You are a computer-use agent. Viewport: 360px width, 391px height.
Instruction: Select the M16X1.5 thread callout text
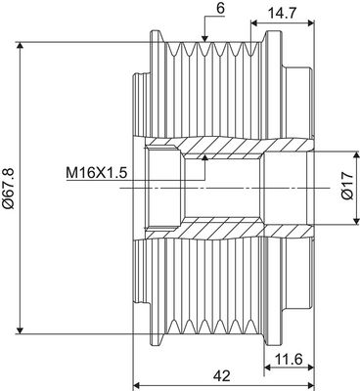tap(97, 172)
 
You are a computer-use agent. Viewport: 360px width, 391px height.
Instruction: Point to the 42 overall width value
tap(222, 376)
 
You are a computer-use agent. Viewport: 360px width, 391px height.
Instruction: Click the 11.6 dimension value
tap(289, 360)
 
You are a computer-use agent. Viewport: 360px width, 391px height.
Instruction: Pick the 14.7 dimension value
tap(282, 14)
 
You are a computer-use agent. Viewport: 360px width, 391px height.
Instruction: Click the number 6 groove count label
tap(221, 9)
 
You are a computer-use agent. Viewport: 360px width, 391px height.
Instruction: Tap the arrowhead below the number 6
tap(204, 39)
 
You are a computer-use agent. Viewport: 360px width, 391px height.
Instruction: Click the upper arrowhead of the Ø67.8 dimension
tap(21, 46)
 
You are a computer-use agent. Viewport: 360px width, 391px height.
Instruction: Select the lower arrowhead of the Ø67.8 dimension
tap(21, 330)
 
